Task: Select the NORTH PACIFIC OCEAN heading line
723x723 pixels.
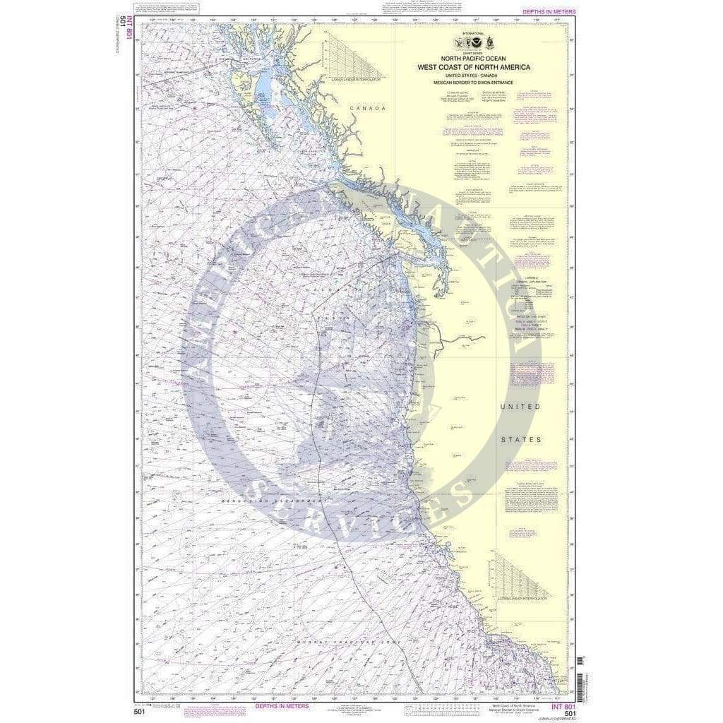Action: [472, 58]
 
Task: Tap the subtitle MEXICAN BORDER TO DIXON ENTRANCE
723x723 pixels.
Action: [472, 83]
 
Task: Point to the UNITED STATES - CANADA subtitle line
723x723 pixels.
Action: [472, 76]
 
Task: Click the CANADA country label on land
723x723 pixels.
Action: [369, 108]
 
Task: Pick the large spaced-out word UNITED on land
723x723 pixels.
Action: [520, 407]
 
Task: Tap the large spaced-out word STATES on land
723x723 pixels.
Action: [520, 439]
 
